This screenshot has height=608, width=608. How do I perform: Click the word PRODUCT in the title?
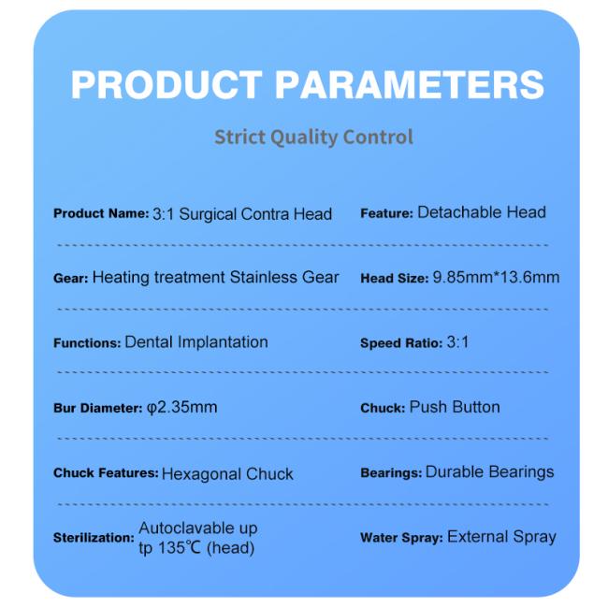pos(166,85)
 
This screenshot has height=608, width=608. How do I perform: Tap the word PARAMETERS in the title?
pos(410,85)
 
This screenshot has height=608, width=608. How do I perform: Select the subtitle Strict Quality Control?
pos(313,138)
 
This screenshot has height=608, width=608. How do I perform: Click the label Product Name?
pos(101,213)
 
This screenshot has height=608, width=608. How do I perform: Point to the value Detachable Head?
pos(482,212)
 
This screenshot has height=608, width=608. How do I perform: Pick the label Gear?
pos(71,278)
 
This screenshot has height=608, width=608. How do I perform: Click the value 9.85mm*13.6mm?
pos(496,277)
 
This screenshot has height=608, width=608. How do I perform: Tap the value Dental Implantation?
pos(196,342)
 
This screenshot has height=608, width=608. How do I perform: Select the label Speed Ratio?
pos(401,342)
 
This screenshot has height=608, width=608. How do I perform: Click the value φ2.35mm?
pos(181,407)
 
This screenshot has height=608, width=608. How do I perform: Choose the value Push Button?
pos(455,407)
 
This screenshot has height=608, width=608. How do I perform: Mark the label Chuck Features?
pos(106,472)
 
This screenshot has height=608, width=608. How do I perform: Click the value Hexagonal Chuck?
pos(227,474)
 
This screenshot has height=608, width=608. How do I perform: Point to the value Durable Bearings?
pos(490,471)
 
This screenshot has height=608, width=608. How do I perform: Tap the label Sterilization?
pos(94,538)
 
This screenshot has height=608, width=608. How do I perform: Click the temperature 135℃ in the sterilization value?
pos(180,548)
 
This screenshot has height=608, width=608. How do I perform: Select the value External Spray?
pos(501,537)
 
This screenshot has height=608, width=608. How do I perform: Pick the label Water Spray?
pos(401,538)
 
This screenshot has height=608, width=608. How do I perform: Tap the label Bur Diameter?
pos(98,408)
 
